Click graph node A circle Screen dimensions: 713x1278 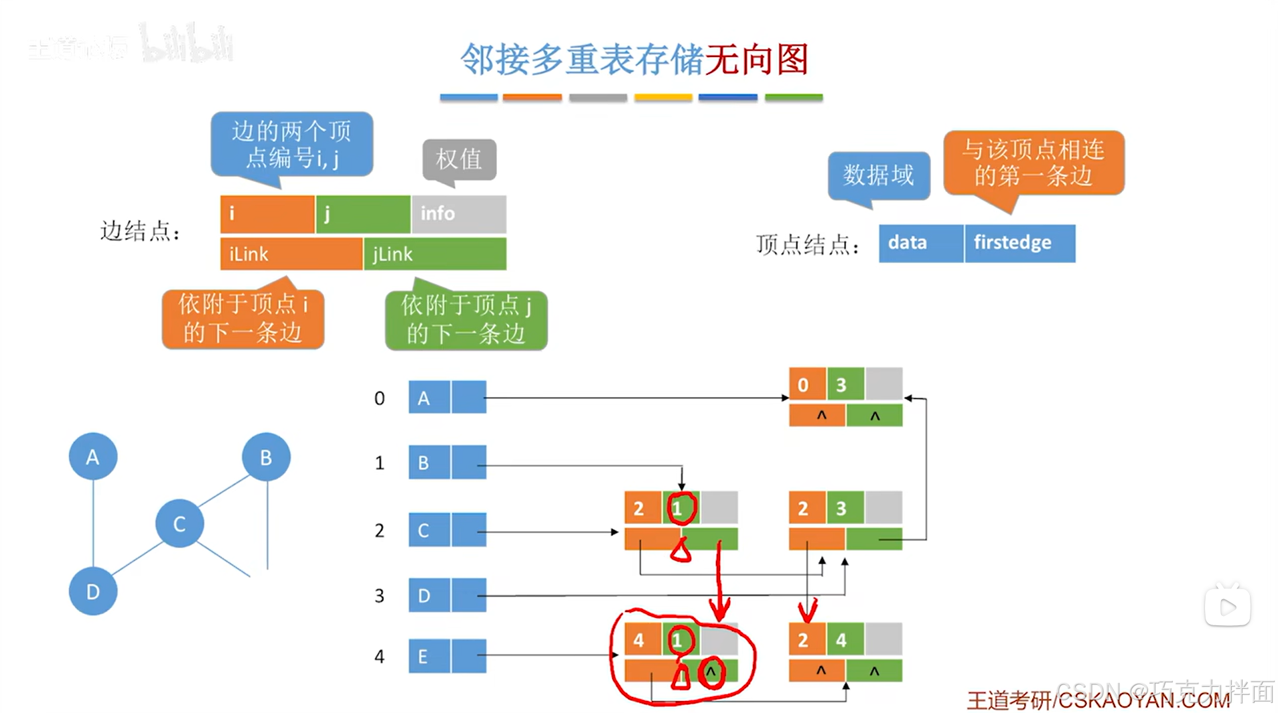[x=92, y=457]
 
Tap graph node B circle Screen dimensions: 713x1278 [x=266, y=457]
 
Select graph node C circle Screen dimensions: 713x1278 [x=180, y=524]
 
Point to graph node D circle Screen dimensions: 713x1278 [x=92, y=592]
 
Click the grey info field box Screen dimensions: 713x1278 [x=459, y=214]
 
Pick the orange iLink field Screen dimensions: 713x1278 [x=291, y=254]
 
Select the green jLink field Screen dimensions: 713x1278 [x=435, y=254]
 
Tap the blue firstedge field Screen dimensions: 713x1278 [x=1019, y=243]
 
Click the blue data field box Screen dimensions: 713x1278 [x=921, y=243]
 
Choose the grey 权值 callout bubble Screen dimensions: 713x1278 [x=459, y=159]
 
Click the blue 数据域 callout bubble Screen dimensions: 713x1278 [x=878, y=175]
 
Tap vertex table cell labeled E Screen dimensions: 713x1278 [x=429, y=656]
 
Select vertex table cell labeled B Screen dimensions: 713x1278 [x=429, y=463]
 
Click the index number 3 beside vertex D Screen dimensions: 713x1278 [x=379, y=596]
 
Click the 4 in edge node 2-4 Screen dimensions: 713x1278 [x=841, y=641]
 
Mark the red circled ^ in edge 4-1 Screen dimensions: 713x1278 [x=711, y=671]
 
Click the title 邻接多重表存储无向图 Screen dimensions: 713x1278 [x=634, y=60]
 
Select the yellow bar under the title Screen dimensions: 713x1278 [x=663, y=98]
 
